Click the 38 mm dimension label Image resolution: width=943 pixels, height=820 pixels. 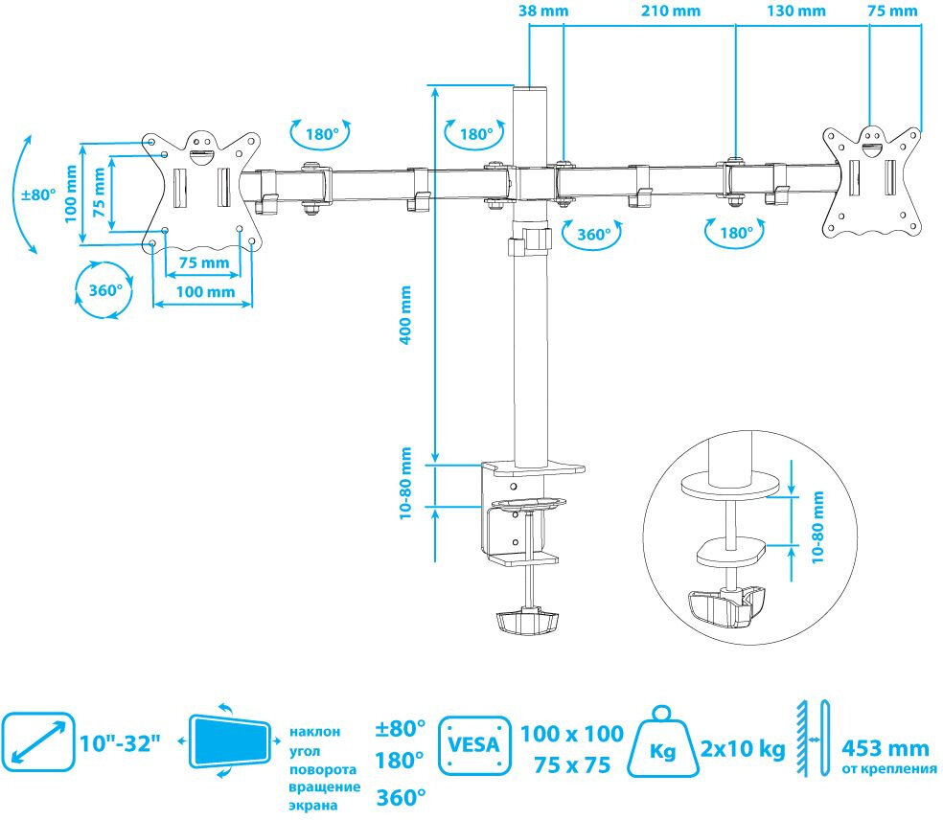pos(543,11)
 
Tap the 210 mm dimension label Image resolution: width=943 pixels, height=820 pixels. pos(671,11)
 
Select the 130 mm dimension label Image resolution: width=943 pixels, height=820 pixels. pos(796,11)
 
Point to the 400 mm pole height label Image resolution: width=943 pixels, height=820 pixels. pos(406,315)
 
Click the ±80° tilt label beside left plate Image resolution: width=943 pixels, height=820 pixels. pos(38,194)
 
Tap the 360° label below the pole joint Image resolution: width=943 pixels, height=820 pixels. pos(593,235)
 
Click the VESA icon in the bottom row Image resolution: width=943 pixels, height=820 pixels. pos(474,745)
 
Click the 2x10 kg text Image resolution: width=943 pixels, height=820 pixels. pos(743,749)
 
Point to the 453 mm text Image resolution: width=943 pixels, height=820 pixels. pos(885,748)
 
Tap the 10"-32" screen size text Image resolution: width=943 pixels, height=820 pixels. pos(121,743)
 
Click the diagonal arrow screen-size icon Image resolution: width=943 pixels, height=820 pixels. pos(38,741)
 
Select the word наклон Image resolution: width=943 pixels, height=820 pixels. pos(314,732)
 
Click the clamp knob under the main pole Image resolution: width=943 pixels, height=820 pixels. pos(528,623)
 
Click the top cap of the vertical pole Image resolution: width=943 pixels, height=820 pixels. pos(531,88)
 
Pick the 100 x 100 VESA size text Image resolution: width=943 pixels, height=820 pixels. pos(572,734)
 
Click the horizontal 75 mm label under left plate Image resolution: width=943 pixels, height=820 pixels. pos(204,262)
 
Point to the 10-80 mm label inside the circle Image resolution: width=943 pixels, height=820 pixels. pos(817,527)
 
